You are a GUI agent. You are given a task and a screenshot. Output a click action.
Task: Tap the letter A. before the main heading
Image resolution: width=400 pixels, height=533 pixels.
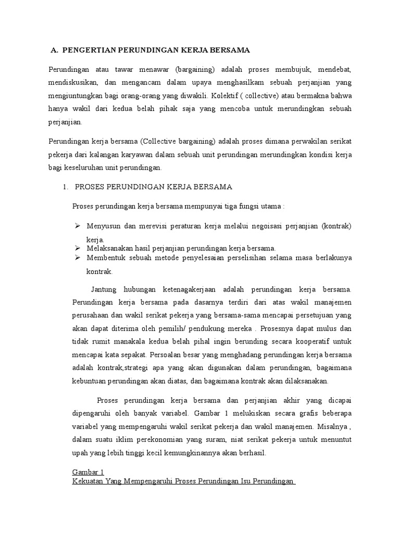pos(54,50)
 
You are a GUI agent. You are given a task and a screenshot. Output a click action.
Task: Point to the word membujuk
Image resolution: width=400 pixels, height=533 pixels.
pos(283,69)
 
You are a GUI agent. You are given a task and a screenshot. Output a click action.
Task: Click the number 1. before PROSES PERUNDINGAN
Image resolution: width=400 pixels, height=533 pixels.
pos(66,186)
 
